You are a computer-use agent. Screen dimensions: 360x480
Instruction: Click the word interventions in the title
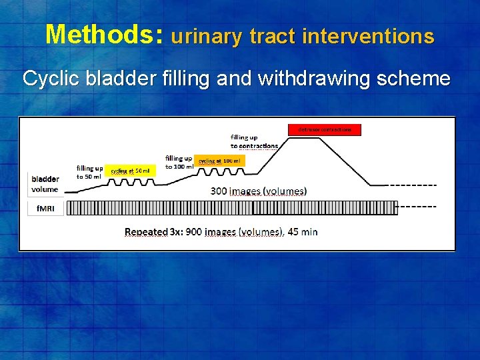pyautogui.click(x=367, y=36)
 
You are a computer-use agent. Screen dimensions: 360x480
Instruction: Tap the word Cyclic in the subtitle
pyautogui.click(x=49, y=79)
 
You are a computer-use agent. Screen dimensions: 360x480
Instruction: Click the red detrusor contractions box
pyautogui.click(x=325, y=129)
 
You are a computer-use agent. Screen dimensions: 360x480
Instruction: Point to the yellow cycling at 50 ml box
pyautogui.click(x=130, y=171)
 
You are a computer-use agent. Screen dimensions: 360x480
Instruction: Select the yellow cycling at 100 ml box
pyautogui.click(x=220, y=161)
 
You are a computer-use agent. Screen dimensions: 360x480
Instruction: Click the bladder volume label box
pyautogui.click(x=45, y=183)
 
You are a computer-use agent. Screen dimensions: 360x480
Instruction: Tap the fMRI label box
pyautogui.click(x=45, y=208)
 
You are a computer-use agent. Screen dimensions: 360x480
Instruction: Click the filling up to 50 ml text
pyautogui.click(x=89, y=172)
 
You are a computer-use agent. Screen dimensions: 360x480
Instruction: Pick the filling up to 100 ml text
pyautogui.click(x=179, y=162)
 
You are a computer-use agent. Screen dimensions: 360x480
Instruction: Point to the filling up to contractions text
pyautogui.click(x=254, y=141)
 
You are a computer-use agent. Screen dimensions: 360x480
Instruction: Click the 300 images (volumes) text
pyautogui.click(x=259, y=191)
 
